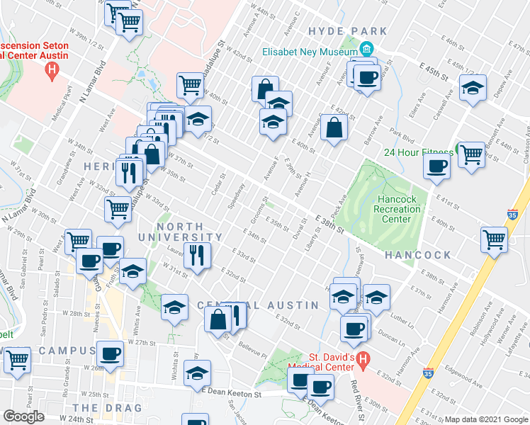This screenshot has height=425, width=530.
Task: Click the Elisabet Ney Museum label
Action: pyautogui.click(x=309, y=52)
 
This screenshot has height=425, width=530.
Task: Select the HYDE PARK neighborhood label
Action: pyautogui.click(x=348, y=31)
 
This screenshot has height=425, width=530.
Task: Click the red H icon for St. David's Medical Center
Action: pyautogui.click(x=363, y=360)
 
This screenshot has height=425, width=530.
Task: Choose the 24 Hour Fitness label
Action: pyautogui.click(x=418, y=152)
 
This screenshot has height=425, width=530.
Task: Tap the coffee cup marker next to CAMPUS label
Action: pyautogui.click(x=110, y=353)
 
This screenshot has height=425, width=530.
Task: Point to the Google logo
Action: pyautogui.click(x=23, y=416)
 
